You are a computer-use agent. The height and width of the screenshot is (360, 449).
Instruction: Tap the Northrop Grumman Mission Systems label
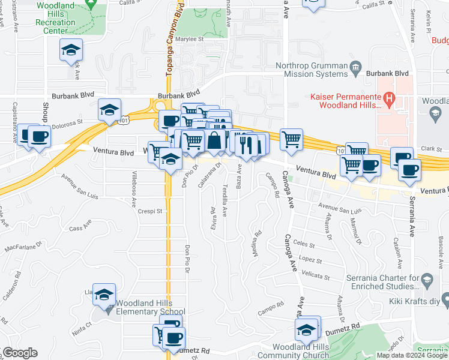coord(311,70)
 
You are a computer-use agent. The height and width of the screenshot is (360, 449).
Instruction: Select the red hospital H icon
coord(389,97)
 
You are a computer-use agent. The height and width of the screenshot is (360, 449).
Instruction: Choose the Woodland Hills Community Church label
coord(300,351)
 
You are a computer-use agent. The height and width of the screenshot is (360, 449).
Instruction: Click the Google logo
coord(20,353)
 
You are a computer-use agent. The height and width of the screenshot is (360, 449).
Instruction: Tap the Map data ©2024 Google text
coord(412,355)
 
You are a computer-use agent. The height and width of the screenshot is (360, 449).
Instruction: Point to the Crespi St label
coord(150,211)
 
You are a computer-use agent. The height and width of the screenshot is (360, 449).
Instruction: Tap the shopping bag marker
coord(214,141)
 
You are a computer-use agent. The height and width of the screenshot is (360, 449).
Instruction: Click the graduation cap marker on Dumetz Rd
coord(307,329)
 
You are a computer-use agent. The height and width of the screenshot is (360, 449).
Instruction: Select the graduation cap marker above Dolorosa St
coord(109,110)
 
